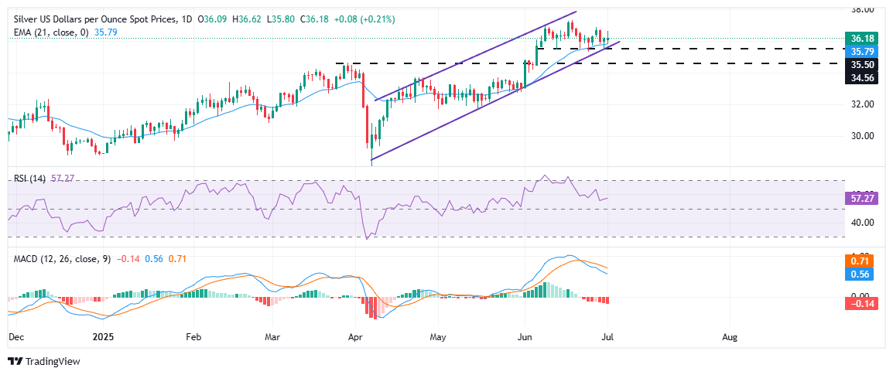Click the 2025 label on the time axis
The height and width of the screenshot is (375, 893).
[104, 338]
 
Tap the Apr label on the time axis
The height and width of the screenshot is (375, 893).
[355, 338]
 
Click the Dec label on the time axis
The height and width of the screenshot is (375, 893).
[15, 338]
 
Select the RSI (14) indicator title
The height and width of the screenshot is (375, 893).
[28, 178]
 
